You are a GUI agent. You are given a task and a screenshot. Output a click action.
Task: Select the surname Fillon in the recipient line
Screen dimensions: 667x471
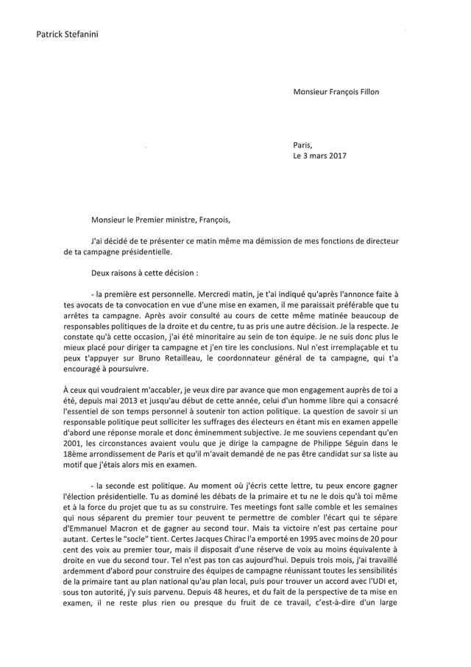tap(367, 92)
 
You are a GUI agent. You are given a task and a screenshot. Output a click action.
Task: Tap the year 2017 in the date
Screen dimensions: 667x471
tap(336, 156)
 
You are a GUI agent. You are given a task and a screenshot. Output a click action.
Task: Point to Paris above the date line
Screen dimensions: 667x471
tap(302, 145)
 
